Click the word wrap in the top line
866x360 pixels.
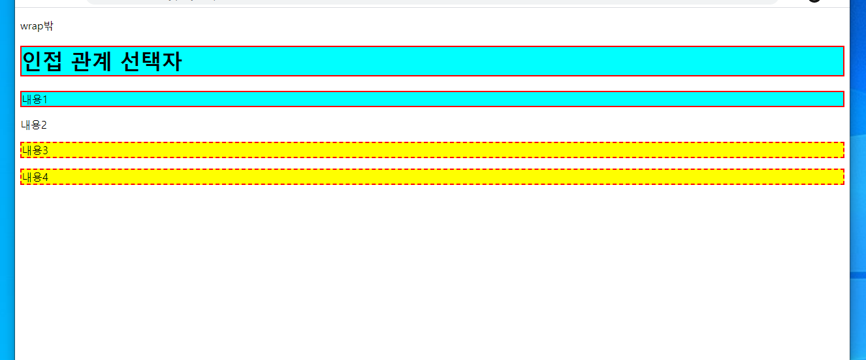click(31, 27)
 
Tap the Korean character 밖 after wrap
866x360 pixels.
click(48, 26)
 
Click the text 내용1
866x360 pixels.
click(35, 99)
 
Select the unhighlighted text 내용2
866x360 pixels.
click(34, 125)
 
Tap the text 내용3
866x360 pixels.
click(35, 150)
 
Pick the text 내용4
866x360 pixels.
click(35, 176)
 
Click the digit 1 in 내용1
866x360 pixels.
click(45, 99)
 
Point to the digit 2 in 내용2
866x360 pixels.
click(44, 125)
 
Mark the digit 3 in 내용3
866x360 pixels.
click(45, 150)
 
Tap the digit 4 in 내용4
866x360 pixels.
click(45, 176)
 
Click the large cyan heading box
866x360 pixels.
click(457, 61)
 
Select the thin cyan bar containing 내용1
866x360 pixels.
click(457, 99)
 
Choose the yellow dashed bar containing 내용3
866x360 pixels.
click(457, 150)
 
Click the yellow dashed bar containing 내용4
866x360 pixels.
click(457, 176)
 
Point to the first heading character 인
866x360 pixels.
click(33, 61)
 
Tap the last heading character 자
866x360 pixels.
click(172, 61)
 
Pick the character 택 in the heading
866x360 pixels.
click(152, 61)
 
